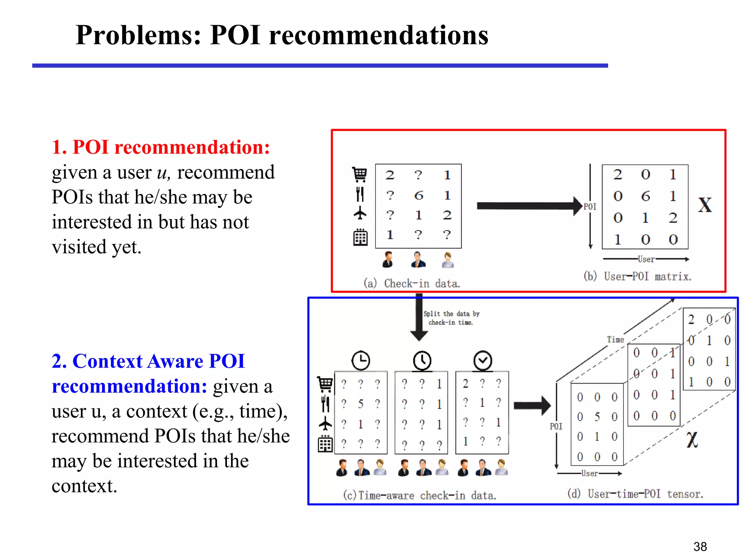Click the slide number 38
tap(700, 547)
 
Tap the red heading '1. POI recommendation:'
tap(161, 147)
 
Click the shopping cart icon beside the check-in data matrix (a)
tap(360, 175)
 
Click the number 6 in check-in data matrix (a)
tap(419, 196)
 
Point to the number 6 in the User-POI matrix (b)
tap(645, 197)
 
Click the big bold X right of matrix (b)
tap(705, 205)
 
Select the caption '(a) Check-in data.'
tap(412, 283)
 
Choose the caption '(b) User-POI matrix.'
tap(637, 276)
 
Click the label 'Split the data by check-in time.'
tap(451, 318)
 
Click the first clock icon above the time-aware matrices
tap(361, 361)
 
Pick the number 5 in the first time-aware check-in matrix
tap(360, 404)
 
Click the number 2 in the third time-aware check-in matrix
tap(466, 384)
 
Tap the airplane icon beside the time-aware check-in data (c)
tap(325, 424)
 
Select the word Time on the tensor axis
tap(615, 339)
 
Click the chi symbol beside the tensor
tap(692, 439)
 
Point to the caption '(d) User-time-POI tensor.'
tap(635, 494)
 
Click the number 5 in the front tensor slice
tap(597, 417)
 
